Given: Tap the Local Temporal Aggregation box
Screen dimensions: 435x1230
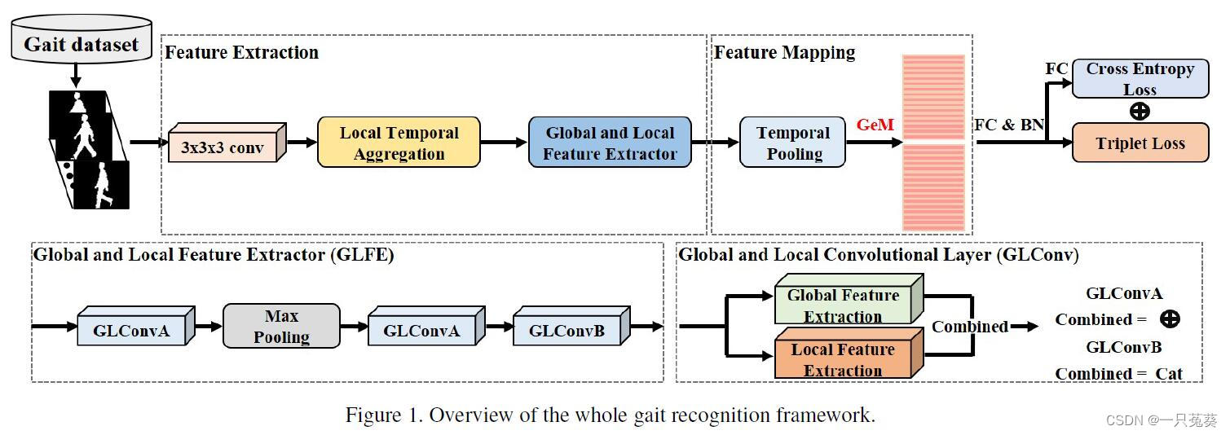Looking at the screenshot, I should [399, 143].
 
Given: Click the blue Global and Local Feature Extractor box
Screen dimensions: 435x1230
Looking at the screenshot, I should [610, 143].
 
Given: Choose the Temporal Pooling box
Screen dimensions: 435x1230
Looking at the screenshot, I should [792, 143].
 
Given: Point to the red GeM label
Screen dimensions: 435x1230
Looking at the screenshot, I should [875, 125].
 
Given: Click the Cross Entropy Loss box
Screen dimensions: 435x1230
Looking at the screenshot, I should [1140, 79].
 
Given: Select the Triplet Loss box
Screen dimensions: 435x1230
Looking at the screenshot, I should [1140, 143].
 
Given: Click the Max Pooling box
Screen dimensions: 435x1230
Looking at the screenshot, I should [281, 327].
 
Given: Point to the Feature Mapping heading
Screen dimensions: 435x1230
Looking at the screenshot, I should [784, 53].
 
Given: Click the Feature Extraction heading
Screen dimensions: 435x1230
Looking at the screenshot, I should [241, 53].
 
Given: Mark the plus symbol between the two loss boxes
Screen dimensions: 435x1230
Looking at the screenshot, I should [1140, 111].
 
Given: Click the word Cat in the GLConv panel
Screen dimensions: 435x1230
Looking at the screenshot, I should [1168, 374].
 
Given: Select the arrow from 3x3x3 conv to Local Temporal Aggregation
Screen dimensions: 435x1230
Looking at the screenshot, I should [302, 143].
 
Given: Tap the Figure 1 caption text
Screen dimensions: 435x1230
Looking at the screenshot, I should [610, 415].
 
